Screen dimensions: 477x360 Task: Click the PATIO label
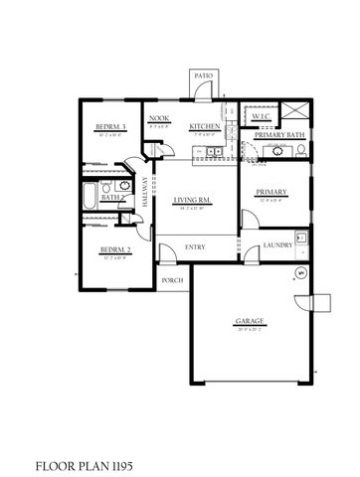pos(203,76)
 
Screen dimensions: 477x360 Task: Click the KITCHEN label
pos(204,127)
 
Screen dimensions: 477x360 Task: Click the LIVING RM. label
pos(189,201)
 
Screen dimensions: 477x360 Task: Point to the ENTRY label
pos(195,247)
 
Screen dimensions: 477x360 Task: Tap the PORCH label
pos(171,281)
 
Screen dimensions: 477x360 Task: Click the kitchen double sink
pos(213,152)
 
